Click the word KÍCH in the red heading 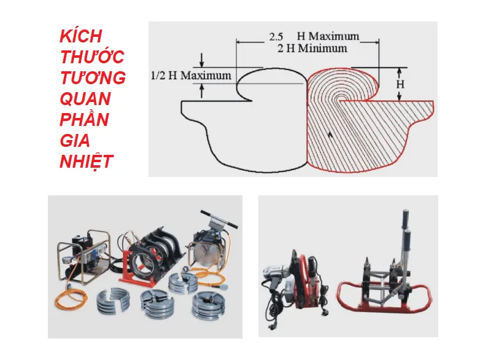coord(80,36)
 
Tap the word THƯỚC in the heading coord(92,57)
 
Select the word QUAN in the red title coord(85,99)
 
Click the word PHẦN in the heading coord(85,120)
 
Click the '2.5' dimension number coord(276,36)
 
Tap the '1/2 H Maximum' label coord(191,76)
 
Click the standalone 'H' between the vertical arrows coord(400,83)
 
